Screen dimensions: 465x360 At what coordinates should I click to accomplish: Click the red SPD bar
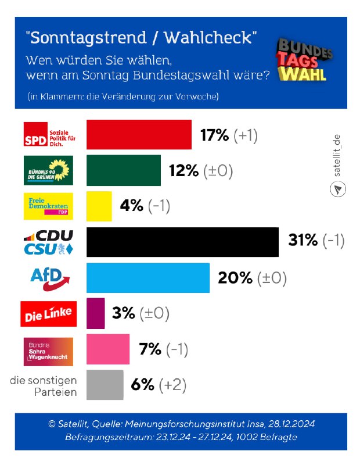(139, 135)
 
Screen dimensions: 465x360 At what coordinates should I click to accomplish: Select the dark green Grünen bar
(124, 170)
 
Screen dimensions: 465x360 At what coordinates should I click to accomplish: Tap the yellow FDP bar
(99, 206)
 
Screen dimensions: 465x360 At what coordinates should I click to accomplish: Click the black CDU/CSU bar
(182, 242)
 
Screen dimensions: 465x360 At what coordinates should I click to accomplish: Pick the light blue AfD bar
(148, 278)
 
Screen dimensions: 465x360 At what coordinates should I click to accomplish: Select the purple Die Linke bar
(96, 313)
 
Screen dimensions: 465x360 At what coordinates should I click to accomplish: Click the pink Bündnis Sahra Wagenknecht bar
(108, 349)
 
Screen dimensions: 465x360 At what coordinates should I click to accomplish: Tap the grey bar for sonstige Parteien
(105, 385)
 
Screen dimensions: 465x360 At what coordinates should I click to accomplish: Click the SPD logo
(48, 135)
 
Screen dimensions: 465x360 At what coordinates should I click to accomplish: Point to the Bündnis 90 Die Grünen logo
(48, 170)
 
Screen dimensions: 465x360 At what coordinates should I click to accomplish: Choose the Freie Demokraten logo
(48, 206)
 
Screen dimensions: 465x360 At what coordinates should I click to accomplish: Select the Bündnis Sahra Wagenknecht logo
(48, 351)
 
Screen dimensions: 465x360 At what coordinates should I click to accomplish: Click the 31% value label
(303, 241)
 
